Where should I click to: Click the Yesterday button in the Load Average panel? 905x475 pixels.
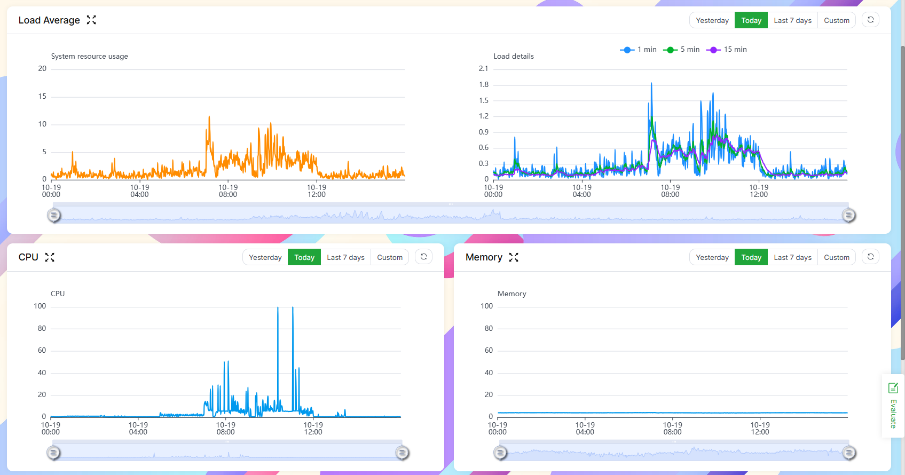click(x=712, y=20)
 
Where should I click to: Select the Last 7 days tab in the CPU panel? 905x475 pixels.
click(x=345, y=257)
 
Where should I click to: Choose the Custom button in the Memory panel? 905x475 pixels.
click(x=836, y=257)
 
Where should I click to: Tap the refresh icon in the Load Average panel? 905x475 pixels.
click(x=870, y=20)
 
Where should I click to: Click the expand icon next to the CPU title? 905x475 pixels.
click(x=50, y=257)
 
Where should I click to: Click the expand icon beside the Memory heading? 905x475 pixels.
click(x=514, y=257)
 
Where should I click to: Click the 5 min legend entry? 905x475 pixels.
click(x=681, y=49)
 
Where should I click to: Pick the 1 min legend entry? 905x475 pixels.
click(x=639, y=49)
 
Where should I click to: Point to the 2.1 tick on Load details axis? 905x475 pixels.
click(x=483, y=68)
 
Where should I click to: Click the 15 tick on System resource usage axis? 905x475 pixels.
click(x=42, y=96)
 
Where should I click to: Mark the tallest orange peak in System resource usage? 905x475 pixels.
click(x=209, y=117)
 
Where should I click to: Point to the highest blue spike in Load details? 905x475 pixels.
click(x=651, y=84)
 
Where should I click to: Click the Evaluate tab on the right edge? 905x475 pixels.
click(x=893, y=406)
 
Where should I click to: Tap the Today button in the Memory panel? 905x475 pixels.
click(x=751, y=257)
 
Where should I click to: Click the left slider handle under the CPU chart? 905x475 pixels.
click(x=53, y=453)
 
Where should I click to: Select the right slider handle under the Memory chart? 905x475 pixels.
click(x=848, y=453)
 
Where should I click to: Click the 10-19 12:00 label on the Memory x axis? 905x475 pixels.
click(x=760, y=429)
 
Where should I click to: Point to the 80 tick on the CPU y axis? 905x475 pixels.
click(x=42, y=328)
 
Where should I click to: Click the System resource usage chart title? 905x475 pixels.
click(x=89, y=56)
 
